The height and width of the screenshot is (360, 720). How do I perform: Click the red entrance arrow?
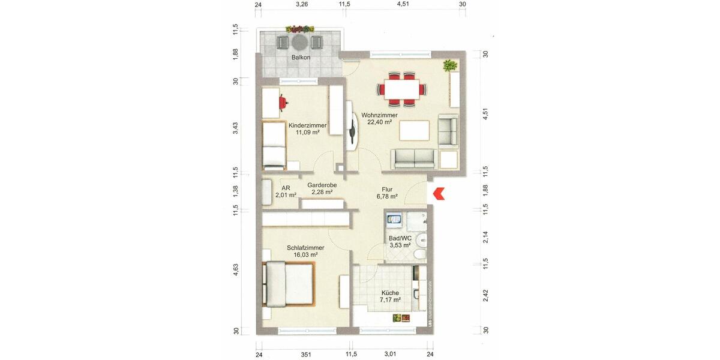pos(439,194)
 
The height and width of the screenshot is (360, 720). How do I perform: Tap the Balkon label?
pos(301,58)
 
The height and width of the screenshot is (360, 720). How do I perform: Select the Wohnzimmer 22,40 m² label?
pos(379,118)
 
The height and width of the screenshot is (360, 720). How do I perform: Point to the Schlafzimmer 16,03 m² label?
pos(305,251)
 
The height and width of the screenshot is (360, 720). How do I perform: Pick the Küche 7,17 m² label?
pos(389,296)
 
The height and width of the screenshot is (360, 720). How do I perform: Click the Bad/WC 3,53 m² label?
pos(400,241)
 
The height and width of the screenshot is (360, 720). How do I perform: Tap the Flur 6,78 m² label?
pos(387,193)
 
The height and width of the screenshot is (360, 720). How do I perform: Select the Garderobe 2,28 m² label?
pos(322,188)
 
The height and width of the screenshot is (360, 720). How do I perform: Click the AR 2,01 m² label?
pos(286,191)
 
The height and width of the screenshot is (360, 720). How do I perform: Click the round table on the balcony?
pos(299,42)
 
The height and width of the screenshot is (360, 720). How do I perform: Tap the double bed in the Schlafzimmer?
pos(288,284)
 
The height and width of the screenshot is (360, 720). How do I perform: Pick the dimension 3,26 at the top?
pos(302,5)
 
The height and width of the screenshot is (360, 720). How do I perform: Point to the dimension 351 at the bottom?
pos(305,355)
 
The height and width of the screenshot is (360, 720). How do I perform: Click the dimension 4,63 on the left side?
pos(236,270)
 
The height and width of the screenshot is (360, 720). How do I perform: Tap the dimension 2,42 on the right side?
pos(485,296)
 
